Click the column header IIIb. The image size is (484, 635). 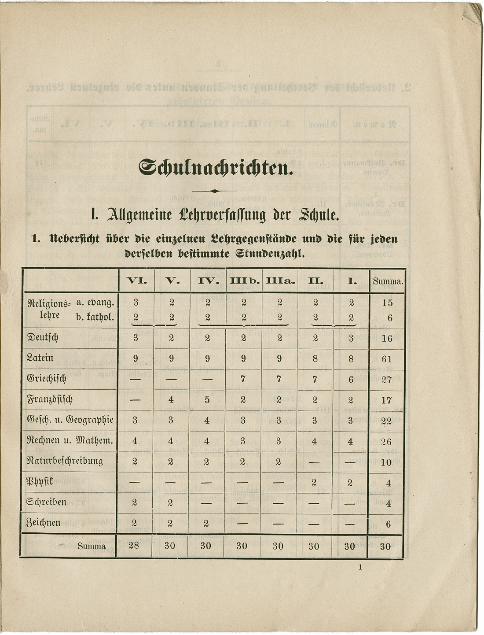[243, 281]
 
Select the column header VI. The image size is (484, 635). [135, 281]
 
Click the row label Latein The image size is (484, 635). [40, 358]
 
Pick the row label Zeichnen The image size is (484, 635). [44, 523]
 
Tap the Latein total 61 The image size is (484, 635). [387, 359]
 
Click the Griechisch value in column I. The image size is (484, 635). [351, 379]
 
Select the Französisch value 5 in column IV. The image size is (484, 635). [207, 400]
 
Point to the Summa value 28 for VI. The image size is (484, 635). [134, 546]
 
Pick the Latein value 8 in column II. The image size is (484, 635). [315, 359]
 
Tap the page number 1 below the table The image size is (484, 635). [360, 568]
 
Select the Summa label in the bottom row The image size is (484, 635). [92, 546]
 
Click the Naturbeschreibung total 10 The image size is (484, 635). [386, 462]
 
